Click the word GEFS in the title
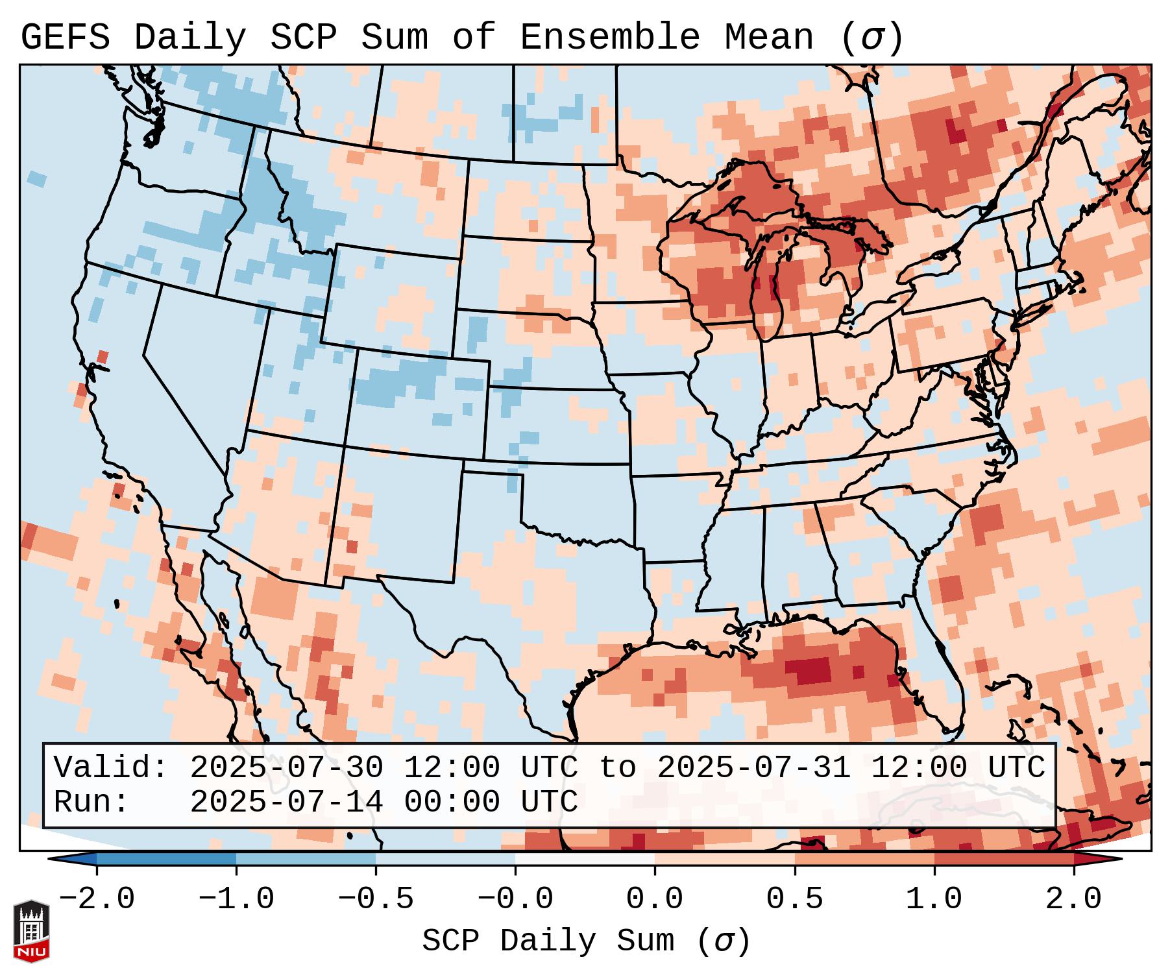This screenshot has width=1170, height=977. tap(65, 38)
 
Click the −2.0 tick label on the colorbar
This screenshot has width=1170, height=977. tap(97, 899)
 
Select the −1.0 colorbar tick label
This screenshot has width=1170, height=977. tap(236, 899)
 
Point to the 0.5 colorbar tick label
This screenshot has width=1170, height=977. tap(794, 899)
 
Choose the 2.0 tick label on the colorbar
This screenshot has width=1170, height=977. tap(1074, 899)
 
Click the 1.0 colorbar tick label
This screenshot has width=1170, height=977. tap(934, 899)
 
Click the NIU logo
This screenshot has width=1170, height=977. tap(31, 930)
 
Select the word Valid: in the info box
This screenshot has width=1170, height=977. tap(111, 767)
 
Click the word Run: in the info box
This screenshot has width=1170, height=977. tap(91, 802)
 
